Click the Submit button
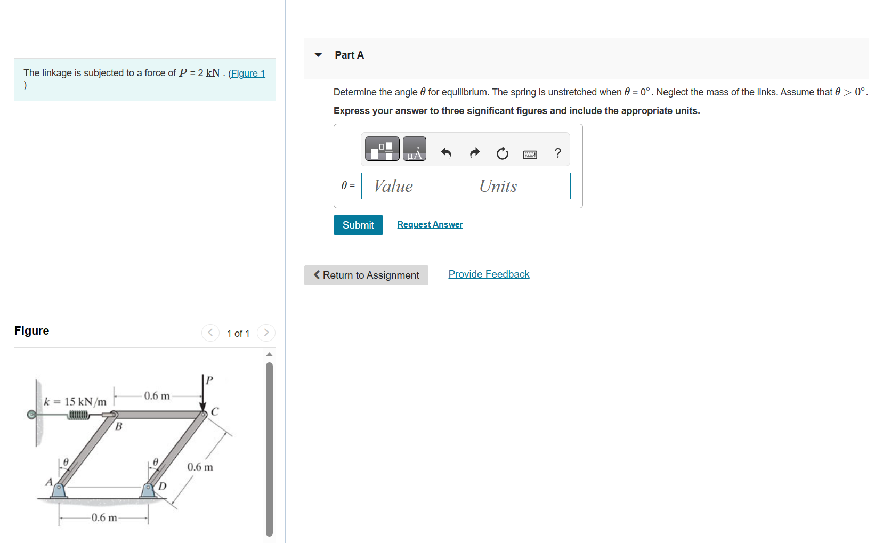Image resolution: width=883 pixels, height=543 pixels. click(358, 225)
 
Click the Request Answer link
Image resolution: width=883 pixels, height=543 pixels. click(430, 224)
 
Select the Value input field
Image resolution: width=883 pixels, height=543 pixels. click(413, 186)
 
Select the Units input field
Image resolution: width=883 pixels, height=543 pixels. click(519, 186)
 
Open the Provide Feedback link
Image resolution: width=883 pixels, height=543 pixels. click(489, 274)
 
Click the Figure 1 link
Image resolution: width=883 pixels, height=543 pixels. click(247, 74)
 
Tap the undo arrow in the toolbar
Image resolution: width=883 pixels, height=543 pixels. click(446, 153)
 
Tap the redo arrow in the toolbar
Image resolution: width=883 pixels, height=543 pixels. click(474, 153)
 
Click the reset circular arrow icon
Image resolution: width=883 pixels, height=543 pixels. click(502, 153)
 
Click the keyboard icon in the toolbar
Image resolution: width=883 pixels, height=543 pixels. click(530, 155)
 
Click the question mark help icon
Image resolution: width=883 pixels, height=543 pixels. click(557, 153)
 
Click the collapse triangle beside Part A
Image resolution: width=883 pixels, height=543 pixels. click(319, 55)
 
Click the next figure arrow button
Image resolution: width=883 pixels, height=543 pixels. click(266, 333)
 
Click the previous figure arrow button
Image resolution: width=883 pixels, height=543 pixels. click(210, 333)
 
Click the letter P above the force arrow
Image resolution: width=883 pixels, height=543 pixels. click(209, 380)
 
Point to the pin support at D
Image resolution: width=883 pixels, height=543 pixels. click(148, 489)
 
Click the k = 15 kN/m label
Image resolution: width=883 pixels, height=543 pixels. click(75, 402)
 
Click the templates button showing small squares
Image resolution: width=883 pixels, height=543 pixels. click(382, 149)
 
